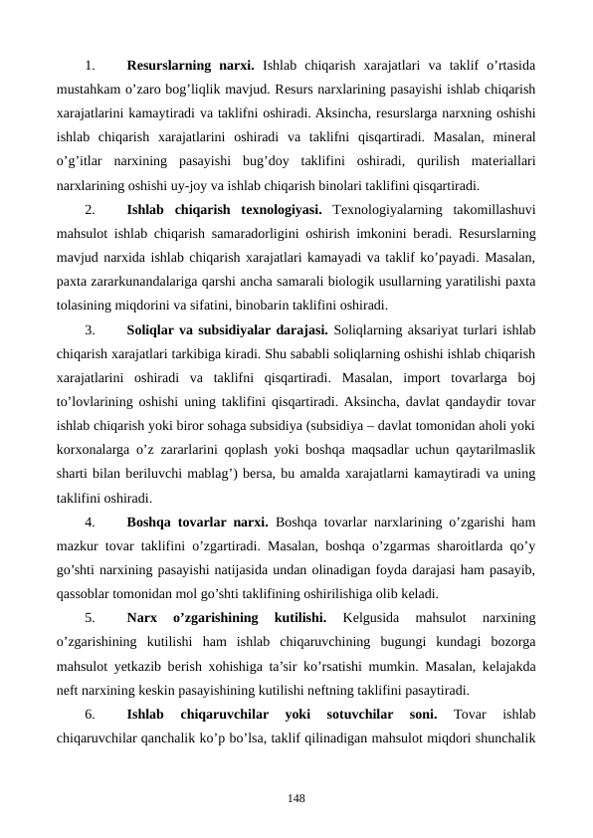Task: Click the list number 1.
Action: pos(91,67)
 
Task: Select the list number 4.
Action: pos(91,522)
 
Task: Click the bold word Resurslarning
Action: pos(172,67)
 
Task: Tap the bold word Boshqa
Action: pos(151,522)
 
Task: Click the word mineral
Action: pos(512,137)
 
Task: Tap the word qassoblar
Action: pos(84,591)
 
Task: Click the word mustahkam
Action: pos(89,91)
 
